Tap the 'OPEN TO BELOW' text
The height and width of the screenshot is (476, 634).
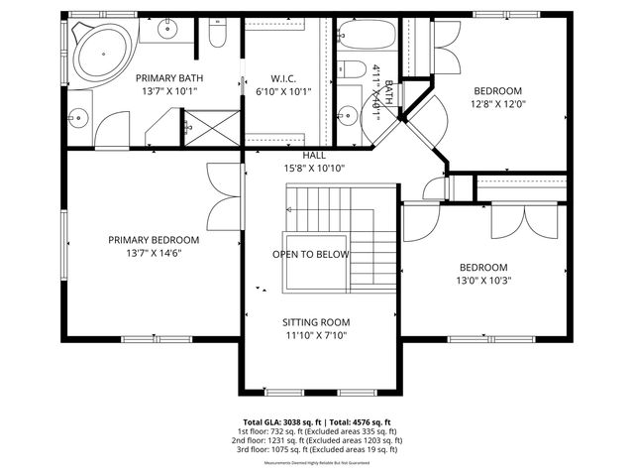(310, 254)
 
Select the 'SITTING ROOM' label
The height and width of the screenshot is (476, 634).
(315, 322)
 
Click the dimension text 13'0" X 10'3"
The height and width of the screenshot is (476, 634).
(481, 281)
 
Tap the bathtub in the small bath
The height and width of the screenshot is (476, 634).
(367, 36)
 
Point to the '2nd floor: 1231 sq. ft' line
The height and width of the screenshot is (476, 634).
(317, 440)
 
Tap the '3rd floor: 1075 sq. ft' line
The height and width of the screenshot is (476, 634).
(317, 449)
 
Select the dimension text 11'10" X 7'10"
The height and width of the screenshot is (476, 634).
(315, 335)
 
